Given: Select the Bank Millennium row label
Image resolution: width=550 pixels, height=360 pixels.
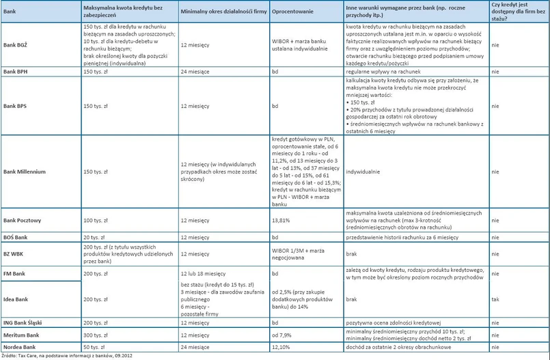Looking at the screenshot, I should [x=25, y=172].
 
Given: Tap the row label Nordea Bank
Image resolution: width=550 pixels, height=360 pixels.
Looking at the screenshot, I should [x=19, y=348].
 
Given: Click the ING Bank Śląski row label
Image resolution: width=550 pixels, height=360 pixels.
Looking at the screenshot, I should [x=25, y=322].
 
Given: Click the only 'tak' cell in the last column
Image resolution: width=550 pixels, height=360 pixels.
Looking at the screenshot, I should [x=494, y=274].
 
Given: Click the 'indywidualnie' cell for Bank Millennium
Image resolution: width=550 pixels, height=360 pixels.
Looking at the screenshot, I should [x=366, y=172].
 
